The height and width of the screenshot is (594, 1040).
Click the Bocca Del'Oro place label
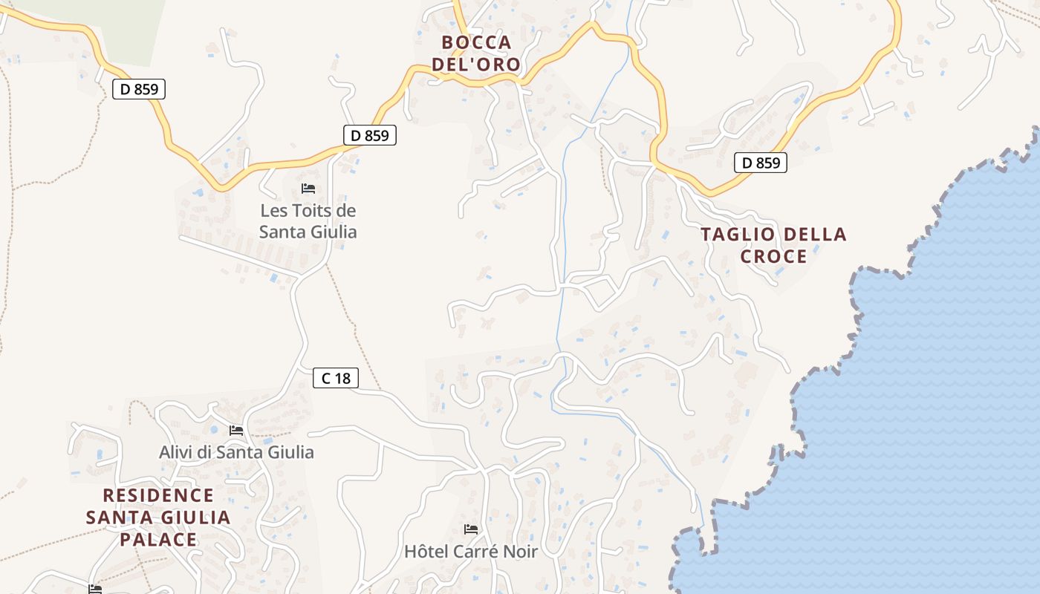[476, 53]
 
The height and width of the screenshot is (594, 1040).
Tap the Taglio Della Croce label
[773, 246]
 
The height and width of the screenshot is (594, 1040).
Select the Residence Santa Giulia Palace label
[158, 518]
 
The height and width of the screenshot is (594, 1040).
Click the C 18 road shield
[335, 379]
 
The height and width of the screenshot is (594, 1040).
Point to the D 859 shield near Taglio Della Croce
[760, 163]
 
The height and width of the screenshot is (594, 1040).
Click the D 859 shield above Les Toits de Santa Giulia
[369, 136]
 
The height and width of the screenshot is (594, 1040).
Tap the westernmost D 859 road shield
[139, 89]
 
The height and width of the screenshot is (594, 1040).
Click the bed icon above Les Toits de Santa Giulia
[308, 189]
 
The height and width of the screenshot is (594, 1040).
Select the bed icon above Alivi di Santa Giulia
[236, 431]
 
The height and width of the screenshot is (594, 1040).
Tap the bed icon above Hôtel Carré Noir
[470, 529]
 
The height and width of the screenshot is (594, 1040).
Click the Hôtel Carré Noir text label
[470, 552]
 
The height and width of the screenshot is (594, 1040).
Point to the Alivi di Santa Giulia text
[236, 452]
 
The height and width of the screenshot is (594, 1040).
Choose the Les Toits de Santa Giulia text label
[308, 221]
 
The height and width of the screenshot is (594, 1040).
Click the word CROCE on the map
[773, 257]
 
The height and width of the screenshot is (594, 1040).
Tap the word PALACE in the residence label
[158, 540]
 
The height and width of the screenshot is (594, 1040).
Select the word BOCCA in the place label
[476, 42]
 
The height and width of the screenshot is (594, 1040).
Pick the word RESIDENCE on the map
[158, 495]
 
